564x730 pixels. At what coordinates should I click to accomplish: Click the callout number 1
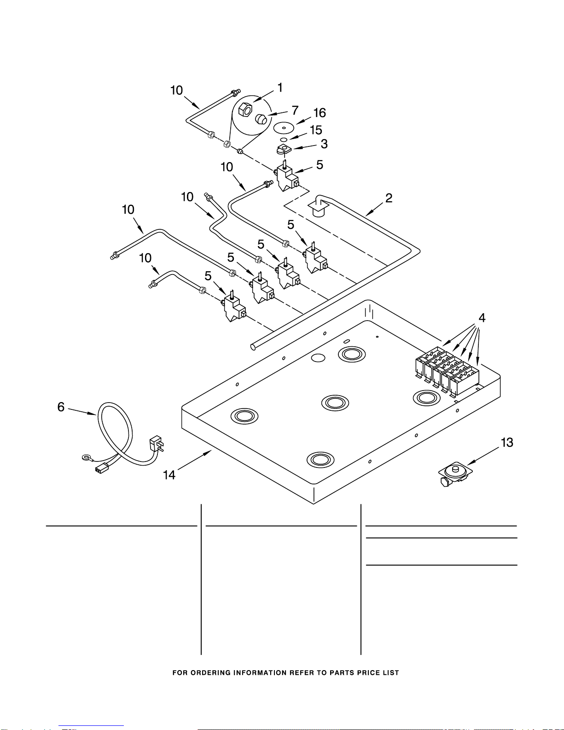click(280, 88)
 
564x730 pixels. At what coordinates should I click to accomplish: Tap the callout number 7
click(295, 110)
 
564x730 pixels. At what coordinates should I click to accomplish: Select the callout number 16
click(319, 113)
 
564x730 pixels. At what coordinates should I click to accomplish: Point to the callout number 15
click(316, 130)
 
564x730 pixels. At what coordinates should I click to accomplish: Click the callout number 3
click(324, 144)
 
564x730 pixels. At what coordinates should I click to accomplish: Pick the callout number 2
click(389, 198)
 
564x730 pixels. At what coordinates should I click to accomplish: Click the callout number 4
click(482, 317)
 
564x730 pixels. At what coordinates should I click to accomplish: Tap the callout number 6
click(61, 407)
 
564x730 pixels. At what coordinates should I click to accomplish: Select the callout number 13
click(507, 443)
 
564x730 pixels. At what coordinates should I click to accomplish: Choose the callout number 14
click(169, 475)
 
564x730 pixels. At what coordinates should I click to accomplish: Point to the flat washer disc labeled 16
click(284, 128)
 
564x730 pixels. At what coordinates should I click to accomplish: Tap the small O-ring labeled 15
click(284, 140)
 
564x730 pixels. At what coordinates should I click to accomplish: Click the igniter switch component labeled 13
click(455, 473)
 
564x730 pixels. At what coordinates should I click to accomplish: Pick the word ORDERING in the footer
click(210, 673)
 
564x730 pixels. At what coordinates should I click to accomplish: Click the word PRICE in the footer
click(371, 673)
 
